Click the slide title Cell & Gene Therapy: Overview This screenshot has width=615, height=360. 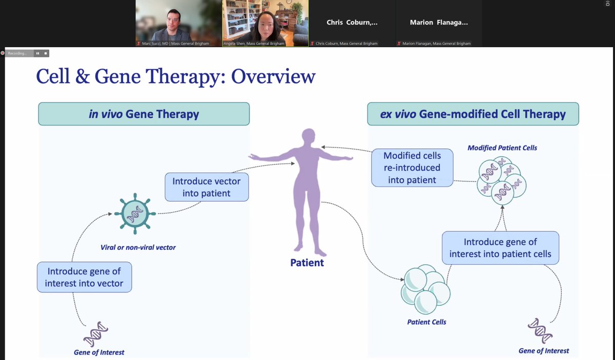tap(175, 76)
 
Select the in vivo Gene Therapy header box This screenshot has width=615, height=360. tap(144, 114)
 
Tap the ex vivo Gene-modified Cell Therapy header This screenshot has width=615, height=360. tap(473, 114)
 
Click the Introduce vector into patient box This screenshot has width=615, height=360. tap(207, 187)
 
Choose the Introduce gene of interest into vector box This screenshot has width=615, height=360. tap(84, 277)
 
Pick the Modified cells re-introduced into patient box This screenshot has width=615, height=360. tap(412, 167)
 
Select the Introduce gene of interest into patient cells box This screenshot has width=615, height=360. tap(500, 248)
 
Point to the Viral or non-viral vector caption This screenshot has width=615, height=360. tap(138, 247)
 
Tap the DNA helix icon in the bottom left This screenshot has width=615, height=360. tap(95, 334)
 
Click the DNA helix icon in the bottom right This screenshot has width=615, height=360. tap(541, 331)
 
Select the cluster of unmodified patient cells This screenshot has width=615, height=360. tap(425, 290)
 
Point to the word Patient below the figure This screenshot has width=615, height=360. tap(307, 263)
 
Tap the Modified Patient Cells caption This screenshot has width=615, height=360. tap(502, 148)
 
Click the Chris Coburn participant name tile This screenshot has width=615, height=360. tap(352, 23)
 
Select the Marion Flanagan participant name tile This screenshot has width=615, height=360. tap(439, 23)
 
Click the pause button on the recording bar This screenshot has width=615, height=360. tap(37, 53)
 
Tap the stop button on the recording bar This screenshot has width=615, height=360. tap(46, 53)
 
